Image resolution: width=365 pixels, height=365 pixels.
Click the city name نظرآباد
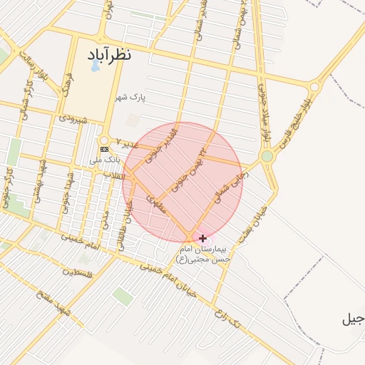pos(110,54)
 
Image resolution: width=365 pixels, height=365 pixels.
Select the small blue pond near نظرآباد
pos(95,66)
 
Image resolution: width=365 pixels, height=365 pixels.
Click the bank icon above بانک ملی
pos(106,149)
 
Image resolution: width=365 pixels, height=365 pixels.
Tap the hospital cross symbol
pos(202,238)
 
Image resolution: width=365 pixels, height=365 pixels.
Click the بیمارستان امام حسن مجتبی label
pos(205,255)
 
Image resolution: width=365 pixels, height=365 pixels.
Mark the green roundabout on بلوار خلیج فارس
pos(267,156)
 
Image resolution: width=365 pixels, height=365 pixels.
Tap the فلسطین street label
pos(77,272)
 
